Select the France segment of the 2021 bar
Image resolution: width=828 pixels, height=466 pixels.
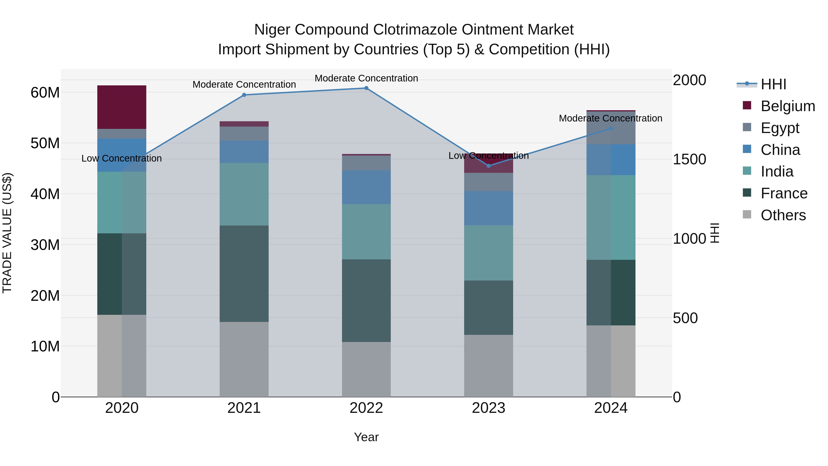244,273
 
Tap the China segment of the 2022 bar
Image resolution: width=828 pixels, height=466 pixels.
366,187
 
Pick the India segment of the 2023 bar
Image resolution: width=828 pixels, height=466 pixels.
488,253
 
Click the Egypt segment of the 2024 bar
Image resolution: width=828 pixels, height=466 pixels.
611,128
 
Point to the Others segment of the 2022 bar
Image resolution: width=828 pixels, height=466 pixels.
366,369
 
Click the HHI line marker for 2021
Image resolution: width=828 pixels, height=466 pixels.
244,95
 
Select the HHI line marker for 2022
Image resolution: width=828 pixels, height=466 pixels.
366,88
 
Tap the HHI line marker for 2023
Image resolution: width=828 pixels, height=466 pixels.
489,166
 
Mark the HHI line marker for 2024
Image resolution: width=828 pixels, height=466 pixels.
611,129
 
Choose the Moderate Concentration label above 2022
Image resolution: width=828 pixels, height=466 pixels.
366,78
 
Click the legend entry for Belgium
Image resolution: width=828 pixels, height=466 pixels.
788,106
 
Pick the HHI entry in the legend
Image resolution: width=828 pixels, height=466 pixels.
773,84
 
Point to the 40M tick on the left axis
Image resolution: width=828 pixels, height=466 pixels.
45,194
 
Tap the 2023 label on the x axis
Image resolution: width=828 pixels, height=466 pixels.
488,408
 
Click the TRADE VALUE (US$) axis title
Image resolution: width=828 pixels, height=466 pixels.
7,233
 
